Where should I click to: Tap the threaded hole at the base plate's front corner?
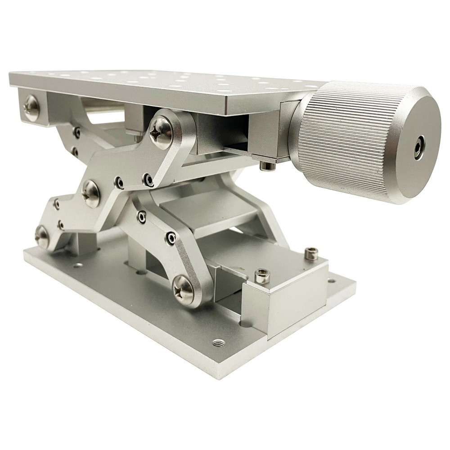pos(219,342)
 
